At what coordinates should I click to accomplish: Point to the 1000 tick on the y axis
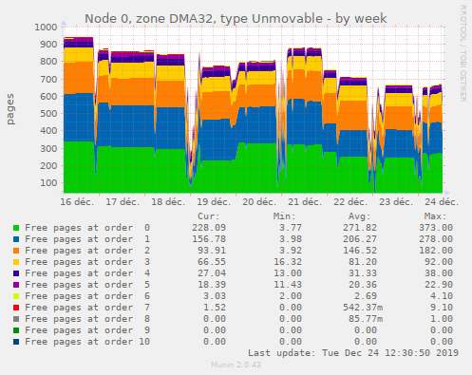pyautogui.click(x=43, y=27)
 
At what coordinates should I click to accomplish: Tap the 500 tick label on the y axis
pyautogui.click(x=47, y=108)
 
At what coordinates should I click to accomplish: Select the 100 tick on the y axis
pyautogui.click(x=47, y=174)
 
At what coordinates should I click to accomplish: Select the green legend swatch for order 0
pyautogui.click(x=15, y=228)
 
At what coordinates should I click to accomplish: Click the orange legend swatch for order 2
pyautogui.click(x=15, y=251)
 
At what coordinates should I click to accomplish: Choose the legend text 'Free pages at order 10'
pyautogui.click(x=87, y=341)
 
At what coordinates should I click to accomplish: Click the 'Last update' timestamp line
pyautogui.click(x=353, y=352)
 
